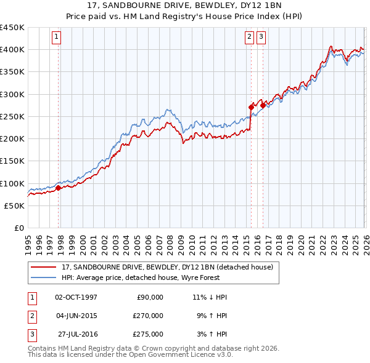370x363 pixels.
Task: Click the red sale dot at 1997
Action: click(59, 188)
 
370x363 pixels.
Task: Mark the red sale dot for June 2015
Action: click(251, 107)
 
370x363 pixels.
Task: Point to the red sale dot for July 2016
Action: click(263, 105)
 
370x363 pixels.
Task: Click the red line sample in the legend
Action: click(44, 267)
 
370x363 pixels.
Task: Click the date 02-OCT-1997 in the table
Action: click(76, 297)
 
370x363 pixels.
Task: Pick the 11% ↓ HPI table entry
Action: click(210, 297)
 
